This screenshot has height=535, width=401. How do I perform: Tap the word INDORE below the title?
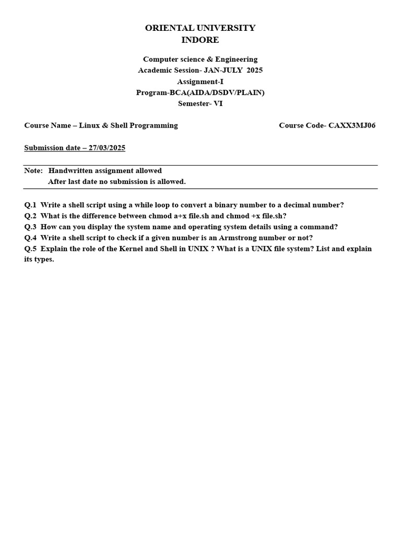pos(200,40)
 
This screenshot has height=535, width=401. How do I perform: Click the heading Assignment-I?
pos(200,82)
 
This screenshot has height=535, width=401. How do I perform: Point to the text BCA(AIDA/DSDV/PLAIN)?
pos(217,92)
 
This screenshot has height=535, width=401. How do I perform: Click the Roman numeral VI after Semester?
pos(218,103)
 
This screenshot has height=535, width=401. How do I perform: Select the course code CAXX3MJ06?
pos(352,125)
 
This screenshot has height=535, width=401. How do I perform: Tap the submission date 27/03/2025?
pos(107,148)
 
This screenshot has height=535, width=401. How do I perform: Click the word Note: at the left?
pos(33,171)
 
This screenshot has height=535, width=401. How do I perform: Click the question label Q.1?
pos(30,205)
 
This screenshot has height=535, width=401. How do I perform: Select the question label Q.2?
pos(30,216)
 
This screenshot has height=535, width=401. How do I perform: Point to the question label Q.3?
pos(30,227)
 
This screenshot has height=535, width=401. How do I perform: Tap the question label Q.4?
pos(30,238)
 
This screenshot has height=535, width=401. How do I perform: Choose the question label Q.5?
pos(30,249)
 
